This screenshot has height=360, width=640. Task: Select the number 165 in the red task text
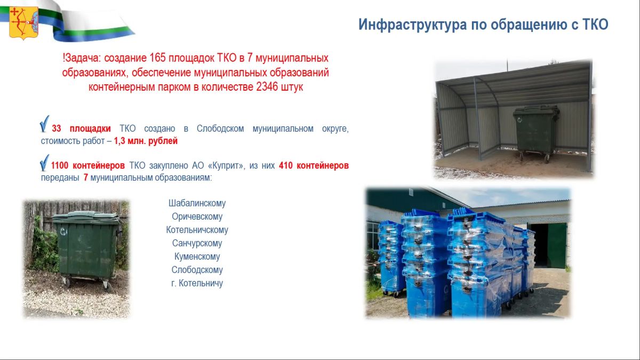point(157,58)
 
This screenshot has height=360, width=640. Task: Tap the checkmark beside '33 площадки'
point(44,124)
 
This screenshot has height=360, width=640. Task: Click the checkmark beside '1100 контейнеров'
point(44,163)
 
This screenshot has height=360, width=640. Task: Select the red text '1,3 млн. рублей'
point(146,141)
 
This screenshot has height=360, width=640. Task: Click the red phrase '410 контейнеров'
point(314,165)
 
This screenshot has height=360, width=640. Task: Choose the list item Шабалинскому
point(197,203)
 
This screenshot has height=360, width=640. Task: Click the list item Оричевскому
point(197,217)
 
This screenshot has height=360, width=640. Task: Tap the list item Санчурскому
point(197,243)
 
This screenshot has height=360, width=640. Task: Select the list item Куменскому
point(197,257)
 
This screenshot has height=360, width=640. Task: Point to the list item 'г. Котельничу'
point(197,283)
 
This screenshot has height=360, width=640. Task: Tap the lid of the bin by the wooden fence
point(86,217)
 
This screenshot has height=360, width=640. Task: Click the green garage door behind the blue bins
point(557,246)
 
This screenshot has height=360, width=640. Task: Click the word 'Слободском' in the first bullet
point(220,129)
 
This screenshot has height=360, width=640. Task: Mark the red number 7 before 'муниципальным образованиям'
point(86,178)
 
